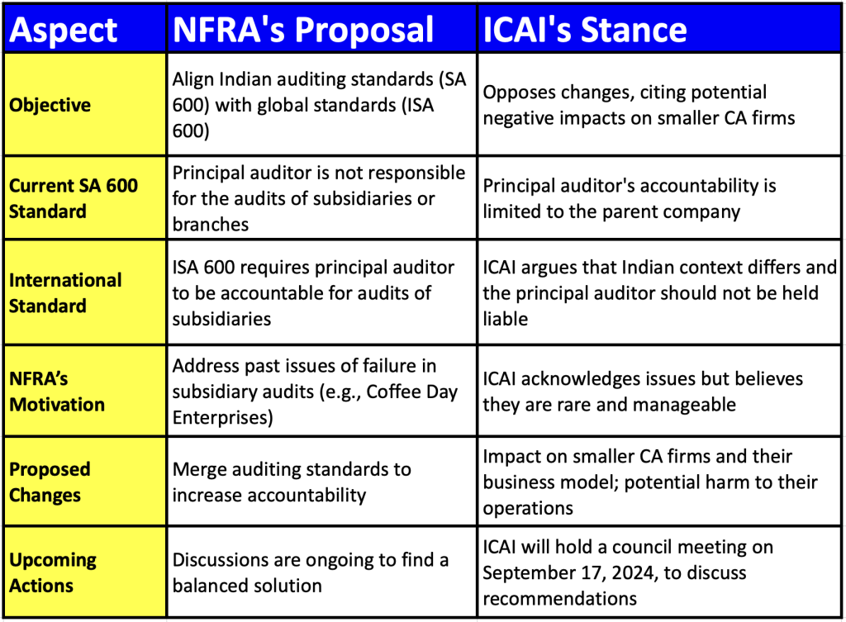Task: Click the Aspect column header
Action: [x=64, y=30]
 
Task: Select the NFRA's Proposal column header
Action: [x=302, y=30]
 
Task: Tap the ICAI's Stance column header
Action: [x=584, y=30]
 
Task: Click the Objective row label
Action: [x=50, y=106]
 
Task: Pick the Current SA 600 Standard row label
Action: [x=73, y=198]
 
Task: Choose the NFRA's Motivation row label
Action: [x=57, y=392]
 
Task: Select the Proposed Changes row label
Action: [x=50, y=482]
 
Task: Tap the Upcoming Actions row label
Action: [x=53, y=572]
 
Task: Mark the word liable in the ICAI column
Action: [x=505, y=318]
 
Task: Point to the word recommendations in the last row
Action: [x=559, y=597]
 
